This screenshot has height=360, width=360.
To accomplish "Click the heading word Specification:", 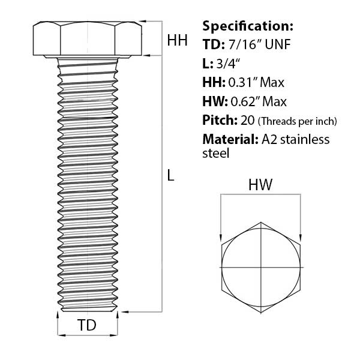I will coord(248,26).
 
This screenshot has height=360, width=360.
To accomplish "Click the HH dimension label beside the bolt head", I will coord(177,40).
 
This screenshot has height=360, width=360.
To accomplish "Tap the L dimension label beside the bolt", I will coord(171,175).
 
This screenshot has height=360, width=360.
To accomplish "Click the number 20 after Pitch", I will coord(248,120).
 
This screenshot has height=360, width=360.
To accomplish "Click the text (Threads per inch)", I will coord(298,121).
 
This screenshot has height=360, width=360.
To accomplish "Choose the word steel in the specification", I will coord(216,154).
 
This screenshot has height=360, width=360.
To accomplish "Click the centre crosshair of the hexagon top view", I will coord(262,266).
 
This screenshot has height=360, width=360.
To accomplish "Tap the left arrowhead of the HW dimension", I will coord(221,236).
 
